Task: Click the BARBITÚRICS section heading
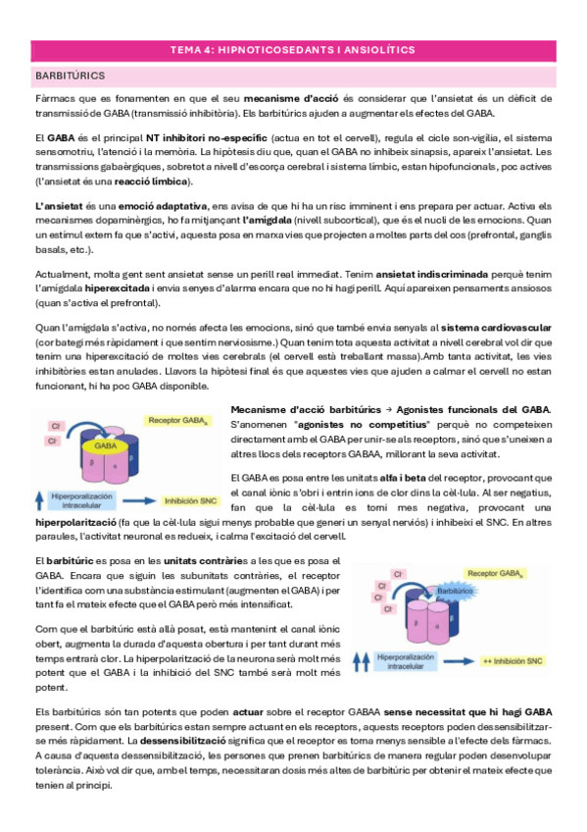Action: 71,75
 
